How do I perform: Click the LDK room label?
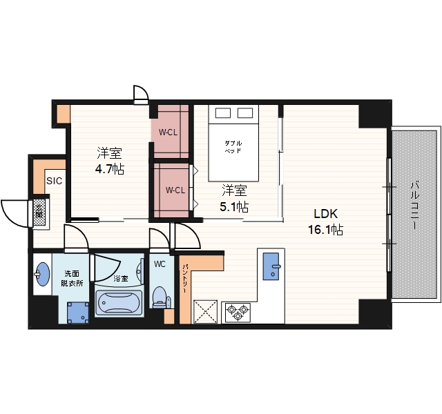coord(325,214)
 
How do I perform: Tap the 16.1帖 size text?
coord(325,230)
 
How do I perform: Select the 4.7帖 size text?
coord(109,169)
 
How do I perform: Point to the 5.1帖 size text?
coord(234,207)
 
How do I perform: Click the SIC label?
coord(54,181)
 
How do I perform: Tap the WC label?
coord(160,264)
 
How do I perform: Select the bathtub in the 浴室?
coord(119,303)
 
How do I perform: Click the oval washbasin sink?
coord(43,274)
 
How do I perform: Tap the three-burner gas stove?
coord(238,311)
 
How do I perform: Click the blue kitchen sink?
coord(271,266)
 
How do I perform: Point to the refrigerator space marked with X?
coord(205,311)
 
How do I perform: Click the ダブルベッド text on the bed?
coord(233,147)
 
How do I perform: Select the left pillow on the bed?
coord(223,113)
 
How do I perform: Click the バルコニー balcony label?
coord(415,206)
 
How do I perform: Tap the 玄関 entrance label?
coord(39,213)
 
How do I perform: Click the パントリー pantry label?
coord(185,279)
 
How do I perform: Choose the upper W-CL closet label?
coord(168,132)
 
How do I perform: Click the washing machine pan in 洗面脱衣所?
coord(78,313)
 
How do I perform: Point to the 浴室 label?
coord(121,279)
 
